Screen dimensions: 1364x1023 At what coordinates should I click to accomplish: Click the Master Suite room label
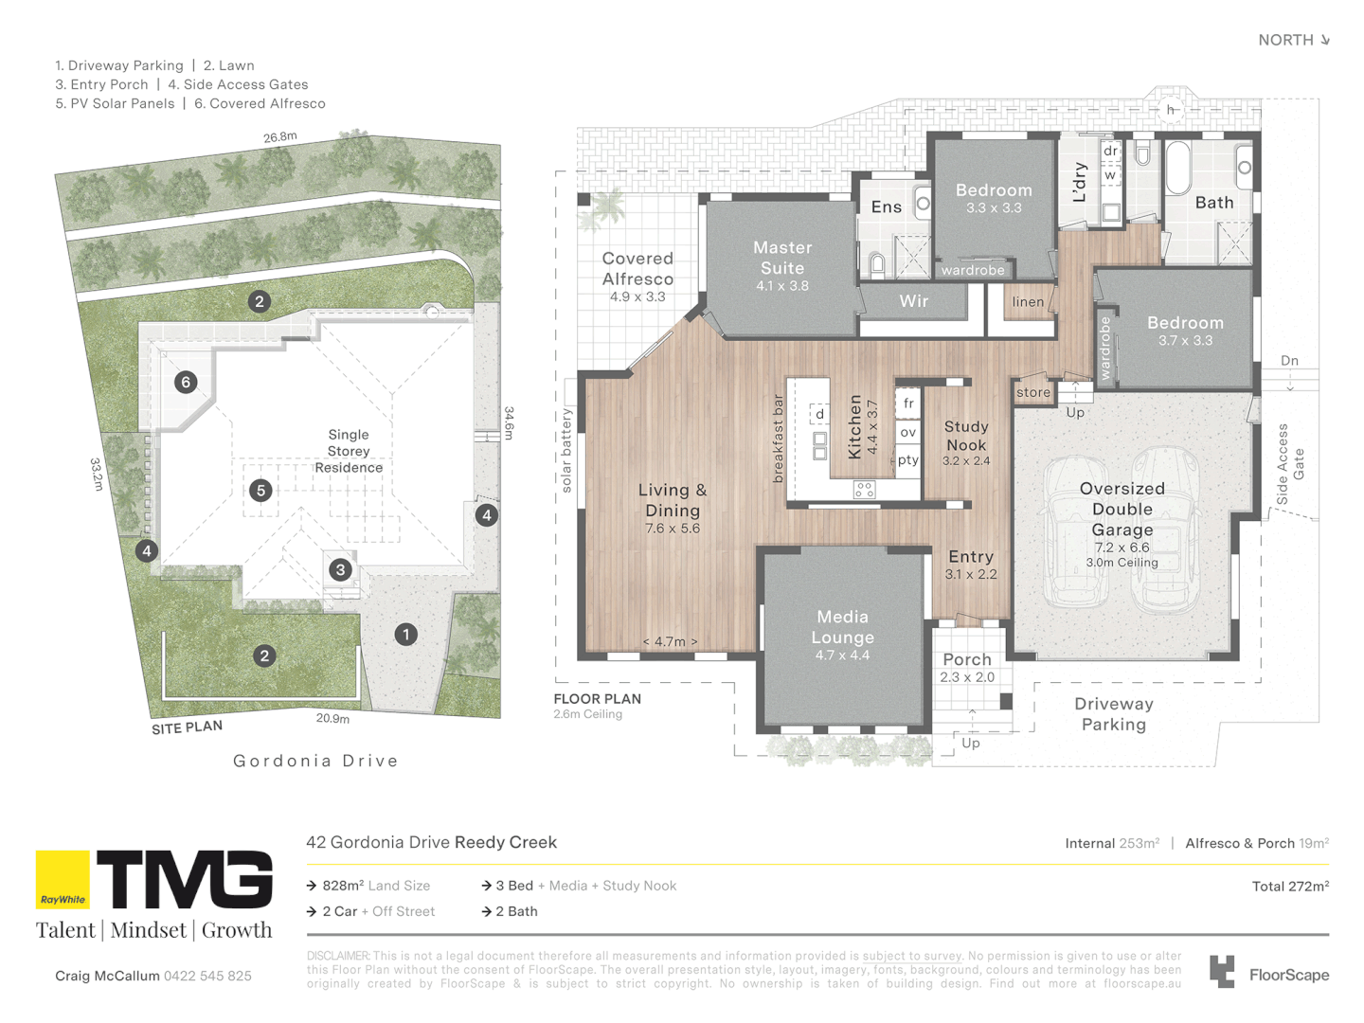tap(782, 258)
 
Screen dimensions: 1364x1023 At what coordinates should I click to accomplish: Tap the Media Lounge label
tap(842, 627)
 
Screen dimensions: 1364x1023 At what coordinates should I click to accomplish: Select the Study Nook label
tap(965, 436)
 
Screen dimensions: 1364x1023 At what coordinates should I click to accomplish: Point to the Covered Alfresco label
tap(637, 268)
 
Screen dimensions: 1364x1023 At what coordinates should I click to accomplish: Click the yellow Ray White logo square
tap(63, 880)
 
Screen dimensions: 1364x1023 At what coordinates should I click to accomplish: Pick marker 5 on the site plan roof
tap(261, 491)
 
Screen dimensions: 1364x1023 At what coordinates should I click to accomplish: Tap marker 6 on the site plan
tap(186, 382)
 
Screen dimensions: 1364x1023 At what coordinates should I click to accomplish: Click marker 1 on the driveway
tap(406, 635)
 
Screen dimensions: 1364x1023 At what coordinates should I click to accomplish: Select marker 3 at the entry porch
tap(341, 569)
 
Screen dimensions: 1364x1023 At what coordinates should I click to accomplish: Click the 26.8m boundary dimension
tap(280, 136)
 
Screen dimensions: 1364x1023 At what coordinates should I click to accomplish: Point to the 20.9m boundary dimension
tap(332, 719)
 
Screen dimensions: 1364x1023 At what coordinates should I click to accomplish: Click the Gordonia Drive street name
tap(315, 761)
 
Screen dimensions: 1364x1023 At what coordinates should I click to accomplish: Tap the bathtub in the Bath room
tap(1177, 168)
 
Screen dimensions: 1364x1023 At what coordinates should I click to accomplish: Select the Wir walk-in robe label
tap(913, 301)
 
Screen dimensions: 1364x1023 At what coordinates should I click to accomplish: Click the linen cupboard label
tap(1028, 302)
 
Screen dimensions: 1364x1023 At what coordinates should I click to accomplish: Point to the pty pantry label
tap(907, 460)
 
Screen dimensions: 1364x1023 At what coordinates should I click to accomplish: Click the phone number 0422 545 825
tap(207, 976)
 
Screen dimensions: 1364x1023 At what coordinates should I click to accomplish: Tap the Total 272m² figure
tap(1290, 887)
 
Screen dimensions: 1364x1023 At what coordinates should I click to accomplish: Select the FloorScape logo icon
tap(1222, 972)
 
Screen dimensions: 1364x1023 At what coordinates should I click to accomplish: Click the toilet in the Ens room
tap(877, 263)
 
